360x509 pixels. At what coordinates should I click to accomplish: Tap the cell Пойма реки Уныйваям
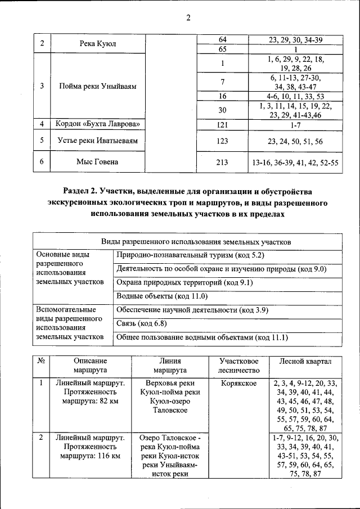pos(98,86)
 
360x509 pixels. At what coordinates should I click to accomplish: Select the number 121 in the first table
pos(222,124)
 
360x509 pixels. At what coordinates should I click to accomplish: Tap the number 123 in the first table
pos(222,141)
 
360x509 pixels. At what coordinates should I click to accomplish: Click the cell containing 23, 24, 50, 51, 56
pos(295,141)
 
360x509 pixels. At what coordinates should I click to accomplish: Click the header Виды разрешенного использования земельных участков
pos(188,241)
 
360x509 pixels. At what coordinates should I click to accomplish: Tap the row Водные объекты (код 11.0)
pos(154,295)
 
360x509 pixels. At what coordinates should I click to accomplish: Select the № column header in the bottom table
pos(40,361)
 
